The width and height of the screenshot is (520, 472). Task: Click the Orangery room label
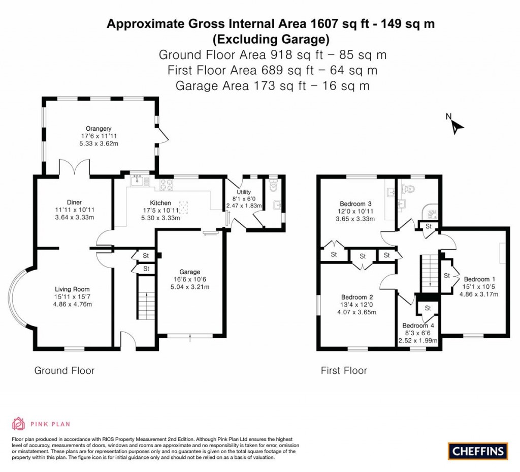(x=99, y=128)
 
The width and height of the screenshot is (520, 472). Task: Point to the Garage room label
(x=190, y=272)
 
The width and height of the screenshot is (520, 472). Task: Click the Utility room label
(x=243, y=191)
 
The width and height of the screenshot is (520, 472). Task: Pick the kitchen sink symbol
(x=139, y=180)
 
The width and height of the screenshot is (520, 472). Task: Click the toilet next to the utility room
(x=274, y=187)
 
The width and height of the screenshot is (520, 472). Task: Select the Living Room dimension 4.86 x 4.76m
(x=74, y=305)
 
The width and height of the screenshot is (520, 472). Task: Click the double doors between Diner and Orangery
(x=75, y=168)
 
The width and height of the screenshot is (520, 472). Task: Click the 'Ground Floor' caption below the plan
(x=64, y=370)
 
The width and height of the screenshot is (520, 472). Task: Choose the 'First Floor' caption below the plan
(x=344, y=370)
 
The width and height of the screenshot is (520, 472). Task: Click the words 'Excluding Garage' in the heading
(x=271, y=39)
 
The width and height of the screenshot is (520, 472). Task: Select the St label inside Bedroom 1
(x=447, y=276)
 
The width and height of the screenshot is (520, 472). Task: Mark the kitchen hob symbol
(x=167, y=184)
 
